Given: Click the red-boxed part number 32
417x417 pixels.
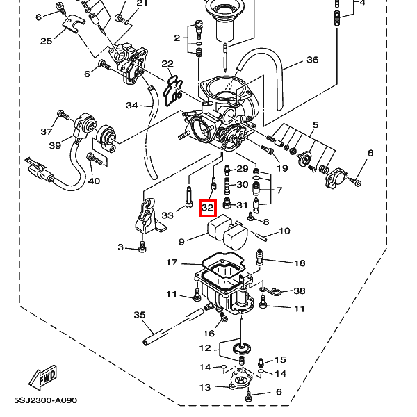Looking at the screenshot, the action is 208,208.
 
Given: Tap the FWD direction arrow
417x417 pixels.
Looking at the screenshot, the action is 43,377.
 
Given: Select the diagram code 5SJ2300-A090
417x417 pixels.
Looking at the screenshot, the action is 45,400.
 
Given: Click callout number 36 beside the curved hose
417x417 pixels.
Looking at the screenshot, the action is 313,60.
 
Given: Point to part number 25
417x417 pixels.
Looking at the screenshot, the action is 46,41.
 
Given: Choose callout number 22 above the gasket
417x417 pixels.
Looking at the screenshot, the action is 167,64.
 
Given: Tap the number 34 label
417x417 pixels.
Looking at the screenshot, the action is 132,106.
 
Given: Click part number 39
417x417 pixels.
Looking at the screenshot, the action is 55,145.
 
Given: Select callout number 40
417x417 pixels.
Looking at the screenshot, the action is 94,181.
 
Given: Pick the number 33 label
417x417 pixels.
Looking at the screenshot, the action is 167,215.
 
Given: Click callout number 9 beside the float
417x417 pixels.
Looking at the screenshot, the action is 181,242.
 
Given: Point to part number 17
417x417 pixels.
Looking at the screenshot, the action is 172,263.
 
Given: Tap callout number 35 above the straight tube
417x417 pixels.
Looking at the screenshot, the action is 140,315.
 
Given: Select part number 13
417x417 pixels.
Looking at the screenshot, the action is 205,387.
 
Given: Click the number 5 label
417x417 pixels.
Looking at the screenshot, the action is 316,124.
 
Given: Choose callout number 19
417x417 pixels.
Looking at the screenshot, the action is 282,168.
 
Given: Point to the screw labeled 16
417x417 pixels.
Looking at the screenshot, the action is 223,316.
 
